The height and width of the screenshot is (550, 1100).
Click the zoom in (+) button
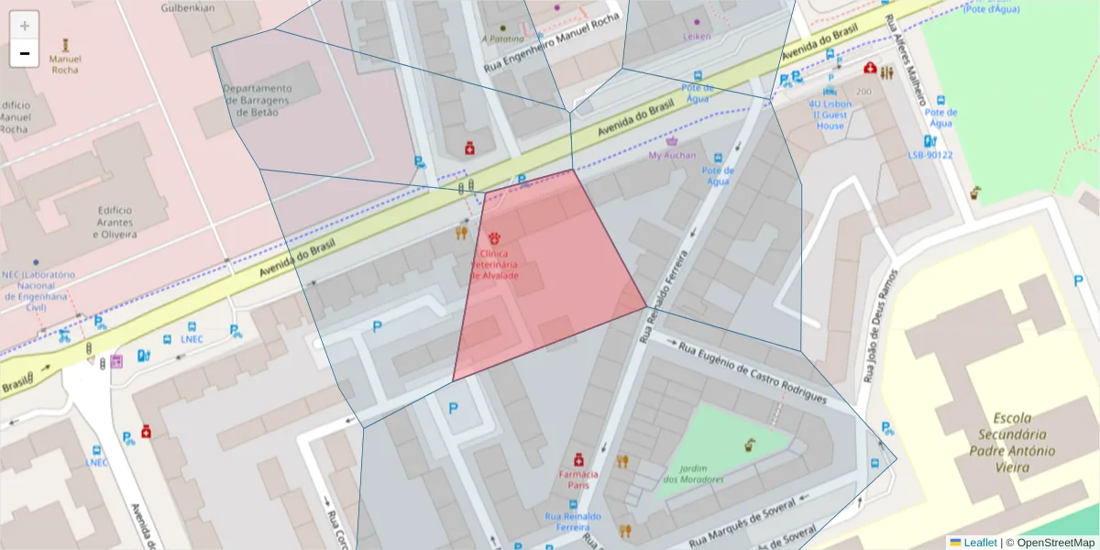coord(25,26)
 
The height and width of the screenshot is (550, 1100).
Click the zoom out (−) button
coord(25,53)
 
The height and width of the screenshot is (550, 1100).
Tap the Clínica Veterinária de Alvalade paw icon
coord(494,239)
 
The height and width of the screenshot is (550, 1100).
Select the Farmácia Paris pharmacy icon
coord(578,459)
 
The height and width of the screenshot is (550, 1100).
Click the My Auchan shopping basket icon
coord(672,142)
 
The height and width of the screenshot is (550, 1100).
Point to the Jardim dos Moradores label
coord(693,474)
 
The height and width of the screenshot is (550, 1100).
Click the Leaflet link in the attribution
coord(980,543)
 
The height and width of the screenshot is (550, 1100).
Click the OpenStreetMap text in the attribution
coord(1055,543)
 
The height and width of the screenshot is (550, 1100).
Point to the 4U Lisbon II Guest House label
coord(830,115)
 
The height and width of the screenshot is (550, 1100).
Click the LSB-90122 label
coord(929,155)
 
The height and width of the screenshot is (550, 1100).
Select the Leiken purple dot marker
coord(697,22)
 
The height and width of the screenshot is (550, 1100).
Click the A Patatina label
coord(502,39)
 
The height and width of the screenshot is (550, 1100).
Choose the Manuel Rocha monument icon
coord(65,44)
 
